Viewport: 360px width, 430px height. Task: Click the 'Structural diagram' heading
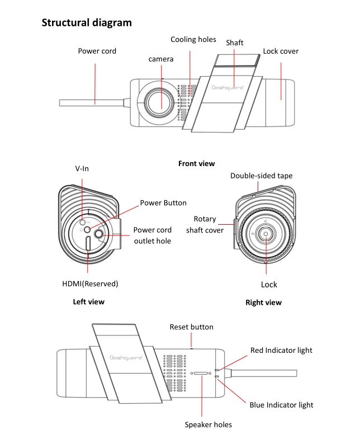(x=87, y=23)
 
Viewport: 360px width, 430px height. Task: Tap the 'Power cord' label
(x=97, y=51)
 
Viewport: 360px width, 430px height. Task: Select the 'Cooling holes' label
(x=193, y=40)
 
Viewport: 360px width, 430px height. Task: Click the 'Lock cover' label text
(x=281, y=51)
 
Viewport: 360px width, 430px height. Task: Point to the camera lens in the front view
(x=159, y=102)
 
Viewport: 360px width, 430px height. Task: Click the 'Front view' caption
(x=197, y=164)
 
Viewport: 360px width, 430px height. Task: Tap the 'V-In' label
(x=82, y=169)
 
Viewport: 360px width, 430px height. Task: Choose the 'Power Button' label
(x=163, y=203)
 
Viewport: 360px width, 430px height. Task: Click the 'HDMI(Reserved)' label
(x=90, y=283)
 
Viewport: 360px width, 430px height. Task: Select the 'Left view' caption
(x=88, y=302)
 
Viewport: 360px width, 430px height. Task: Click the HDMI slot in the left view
(x=88, y=243)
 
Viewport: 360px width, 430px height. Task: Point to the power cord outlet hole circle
(x=99, y=234)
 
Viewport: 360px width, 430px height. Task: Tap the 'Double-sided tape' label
(x=261, y=176)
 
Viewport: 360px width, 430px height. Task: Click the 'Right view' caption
(x=263, y=303)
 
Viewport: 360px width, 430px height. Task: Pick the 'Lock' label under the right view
(x=269, y=285)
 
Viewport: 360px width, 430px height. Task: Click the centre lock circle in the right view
(x=266, y=234)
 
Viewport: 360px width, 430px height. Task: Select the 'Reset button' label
(x=191, y=327)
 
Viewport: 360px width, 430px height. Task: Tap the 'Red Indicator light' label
(x=281, y=351)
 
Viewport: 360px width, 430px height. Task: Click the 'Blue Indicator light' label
(x=281, y=405)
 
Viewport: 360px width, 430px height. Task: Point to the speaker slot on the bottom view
(x=201, y=373)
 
